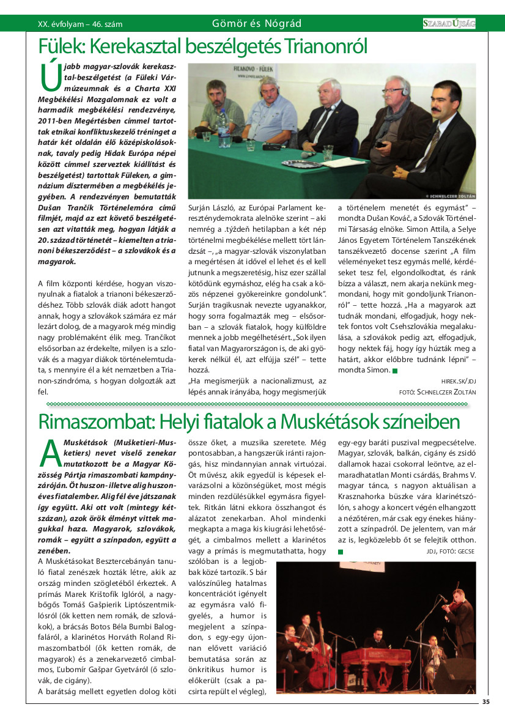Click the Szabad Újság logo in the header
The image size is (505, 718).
449,23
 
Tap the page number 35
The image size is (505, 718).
485,701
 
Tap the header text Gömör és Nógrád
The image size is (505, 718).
256,24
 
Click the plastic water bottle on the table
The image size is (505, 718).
224,130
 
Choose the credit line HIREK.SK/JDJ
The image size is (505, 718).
458,380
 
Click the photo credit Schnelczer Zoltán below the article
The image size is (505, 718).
437,392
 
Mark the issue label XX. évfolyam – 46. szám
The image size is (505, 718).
80,24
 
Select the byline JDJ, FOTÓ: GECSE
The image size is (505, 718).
451,551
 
